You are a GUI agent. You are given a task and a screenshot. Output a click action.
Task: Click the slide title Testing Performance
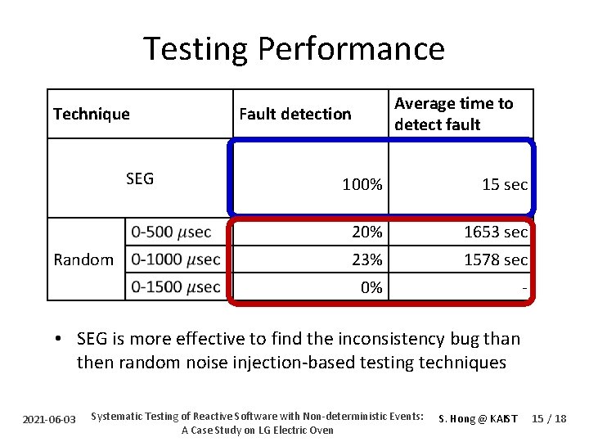click(x=294, y=48)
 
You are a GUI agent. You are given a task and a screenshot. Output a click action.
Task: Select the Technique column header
click(x=91, y=114)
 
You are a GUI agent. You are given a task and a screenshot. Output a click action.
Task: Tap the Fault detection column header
click(x=294, y=114)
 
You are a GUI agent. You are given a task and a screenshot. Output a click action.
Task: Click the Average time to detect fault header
click(x=453, y=114)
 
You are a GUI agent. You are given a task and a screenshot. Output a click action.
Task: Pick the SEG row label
click(x=140, y=178)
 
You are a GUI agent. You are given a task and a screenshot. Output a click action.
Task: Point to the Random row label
click(x=83, y=259)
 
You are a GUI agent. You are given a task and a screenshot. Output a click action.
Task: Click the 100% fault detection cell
click(x=362, y=185)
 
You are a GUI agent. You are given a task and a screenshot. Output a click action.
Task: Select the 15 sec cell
click(x=504, y=185)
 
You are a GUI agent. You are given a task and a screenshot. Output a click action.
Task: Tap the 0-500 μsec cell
click(x=171, y=232)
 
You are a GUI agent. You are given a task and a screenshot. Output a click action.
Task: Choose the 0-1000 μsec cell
click(x=175, y=259)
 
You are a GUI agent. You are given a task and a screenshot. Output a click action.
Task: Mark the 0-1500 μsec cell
click(x=175, y=287)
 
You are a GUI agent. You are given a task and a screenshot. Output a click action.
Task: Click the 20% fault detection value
click(x=366, y=232)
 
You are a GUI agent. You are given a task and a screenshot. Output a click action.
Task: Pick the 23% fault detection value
click(x=366, y=260)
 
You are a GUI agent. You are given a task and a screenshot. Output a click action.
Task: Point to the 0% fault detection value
click(x=371, y=287)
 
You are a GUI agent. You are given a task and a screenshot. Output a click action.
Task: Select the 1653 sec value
click(x=495, y=232)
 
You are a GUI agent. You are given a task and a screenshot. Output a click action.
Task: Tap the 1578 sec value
click(x=495, y=260)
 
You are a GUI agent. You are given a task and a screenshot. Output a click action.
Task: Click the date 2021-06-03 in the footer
click(x=49, y=419)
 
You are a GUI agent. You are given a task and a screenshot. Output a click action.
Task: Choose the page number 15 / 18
click(x=548, y=418)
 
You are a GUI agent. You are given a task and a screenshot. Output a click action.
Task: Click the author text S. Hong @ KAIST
click(x=478, y=418)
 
